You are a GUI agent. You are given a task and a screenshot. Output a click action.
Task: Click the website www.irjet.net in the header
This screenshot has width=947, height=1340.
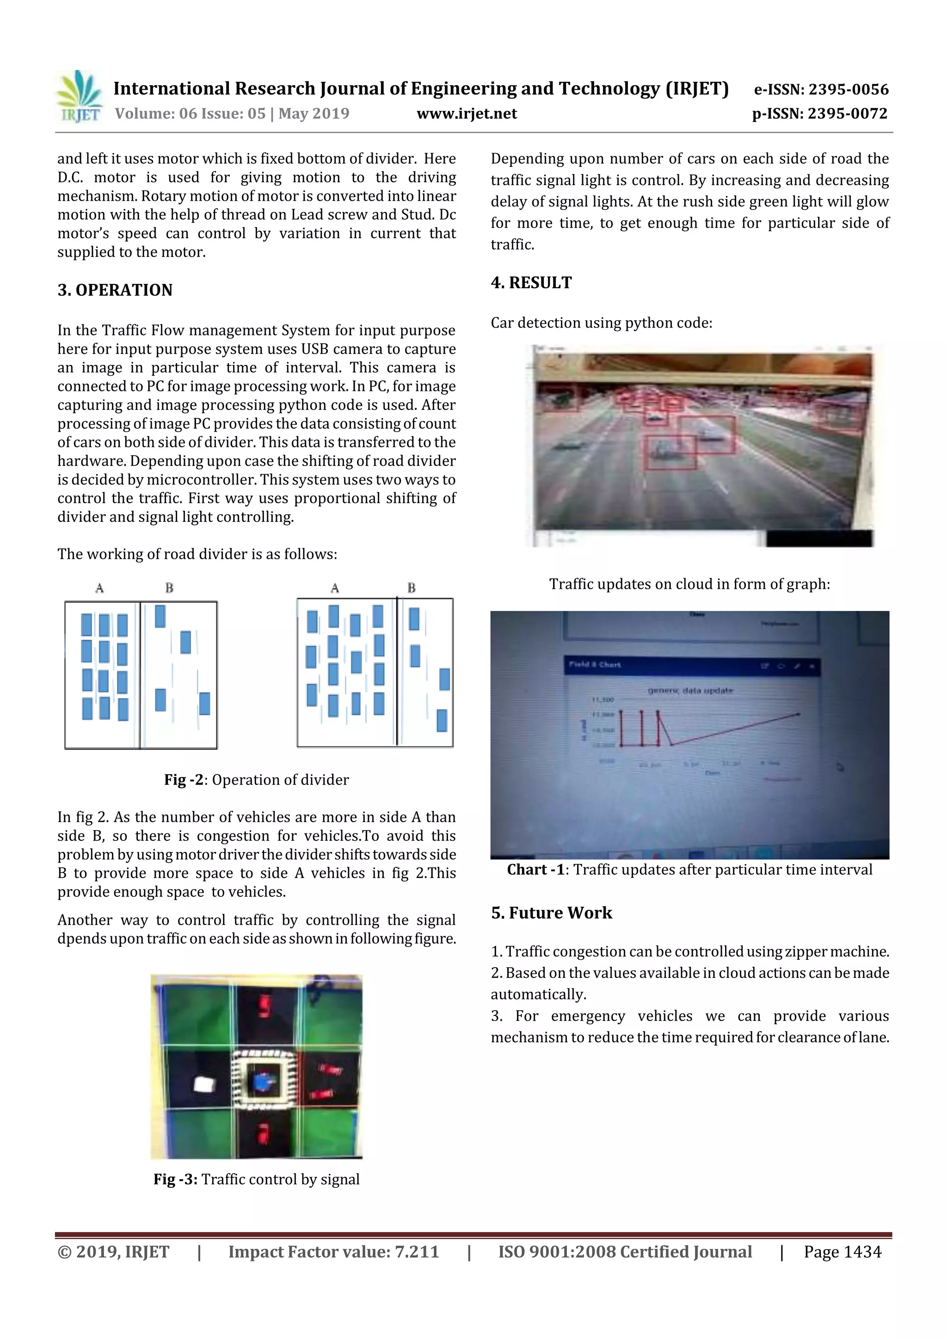tap(466, 113)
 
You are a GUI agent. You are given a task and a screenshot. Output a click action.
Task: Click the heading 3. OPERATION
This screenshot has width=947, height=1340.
tap(115, 290)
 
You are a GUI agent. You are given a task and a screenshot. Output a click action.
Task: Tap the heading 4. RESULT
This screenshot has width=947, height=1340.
tap(531, 283)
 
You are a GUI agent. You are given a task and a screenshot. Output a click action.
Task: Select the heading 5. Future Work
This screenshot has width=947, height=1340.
tap(551, 913)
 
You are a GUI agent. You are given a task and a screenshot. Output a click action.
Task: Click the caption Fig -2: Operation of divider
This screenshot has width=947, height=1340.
tap(256, 780)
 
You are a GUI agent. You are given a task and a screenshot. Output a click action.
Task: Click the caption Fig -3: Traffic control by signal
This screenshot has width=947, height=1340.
tap(256, 1179)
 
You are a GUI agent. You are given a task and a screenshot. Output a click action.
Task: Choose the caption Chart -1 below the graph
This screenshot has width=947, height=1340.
tap(689, 870)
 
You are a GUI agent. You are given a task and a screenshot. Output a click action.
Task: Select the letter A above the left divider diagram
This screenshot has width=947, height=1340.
tap(100, 588)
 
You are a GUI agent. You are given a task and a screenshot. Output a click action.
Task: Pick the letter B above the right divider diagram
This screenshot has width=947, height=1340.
tap(412, 588)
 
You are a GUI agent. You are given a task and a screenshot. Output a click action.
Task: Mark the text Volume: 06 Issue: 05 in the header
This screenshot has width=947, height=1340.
tap(190, 113)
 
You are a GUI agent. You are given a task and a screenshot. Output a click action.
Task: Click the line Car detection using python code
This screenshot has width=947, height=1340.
tap(601, 323)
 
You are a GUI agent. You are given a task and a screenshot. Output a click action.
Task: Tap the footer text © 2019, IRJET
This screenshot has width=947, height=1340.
tap(113, 1251)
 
